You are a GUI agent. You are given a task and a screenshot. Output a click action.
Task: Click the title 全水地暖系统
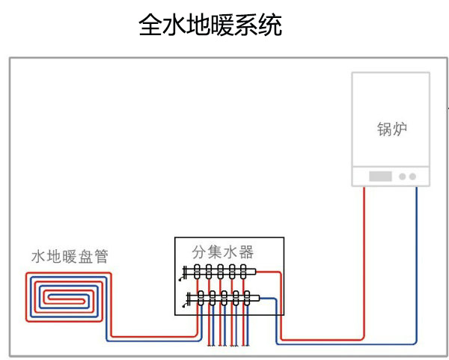tap(210, 26)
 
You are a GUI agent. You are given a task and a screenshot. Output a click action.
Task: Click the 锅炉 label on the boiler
tap(391, 129)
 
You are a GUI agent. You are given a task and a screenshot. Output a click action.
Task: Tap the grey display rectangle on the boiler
tap(381, 177)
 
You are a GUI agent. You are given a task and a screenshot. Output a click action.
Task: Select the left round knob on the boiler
tap(402, 177)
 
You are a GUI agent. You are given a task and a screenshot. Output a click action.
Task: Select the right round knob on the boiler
tap(412, 177)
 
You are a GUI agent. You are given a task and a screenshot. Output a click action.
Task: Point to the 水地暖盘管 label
tap(70, 257)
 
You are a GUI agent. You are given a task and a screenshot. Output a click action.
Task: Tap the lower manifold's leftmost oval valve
tap(201, 298)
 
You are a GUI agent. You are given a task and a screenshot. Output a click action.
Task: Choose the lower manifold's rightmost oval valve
tap(246, 298)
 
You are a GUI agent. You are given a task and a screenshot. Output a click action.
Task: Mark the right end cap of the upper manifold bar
tap(255, 272)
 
